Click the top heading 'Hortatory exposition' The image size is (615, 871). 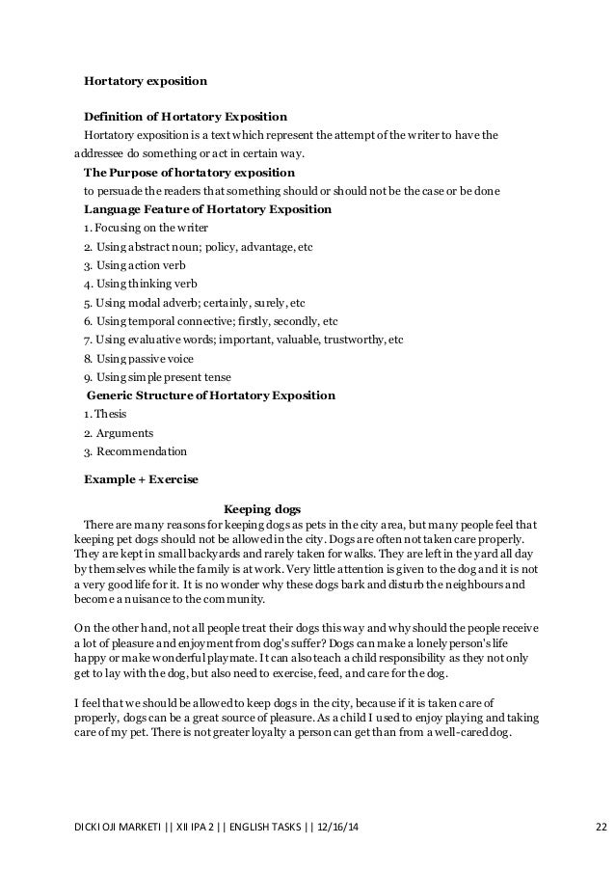click(146, 82)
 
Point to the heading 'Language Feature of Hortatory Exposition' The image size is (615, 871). click(207, 209)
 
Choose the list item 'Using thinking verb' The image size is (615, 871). click(140, 283)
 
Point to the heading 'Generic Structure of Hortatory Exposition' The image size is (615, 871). click(211, 395)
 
